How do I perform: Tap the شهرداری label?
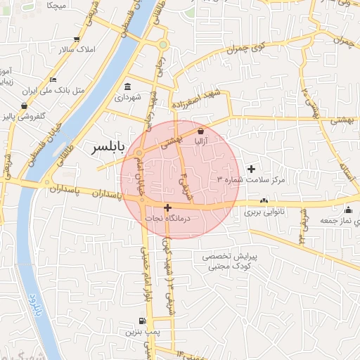(128, 96)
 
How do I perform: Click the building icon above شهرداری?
(128, 86)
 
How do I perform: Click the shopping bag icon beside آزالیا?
(201, 131)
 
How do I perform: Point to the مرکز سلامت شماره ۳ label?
(251, 180)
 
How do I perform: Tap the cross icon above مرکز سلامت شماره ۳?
(251, 169)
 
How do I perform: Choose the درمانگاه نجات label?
(173, 219)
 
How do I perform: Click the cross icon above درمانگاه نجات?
(167, 207)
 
